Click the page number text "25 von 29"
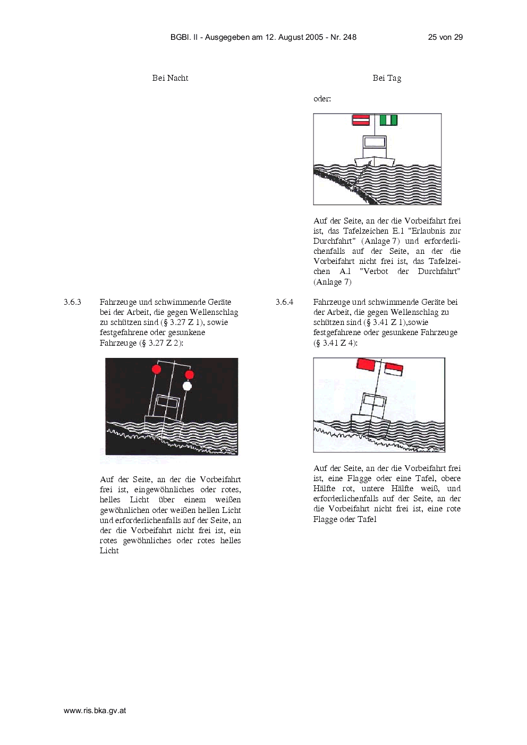pos(445,37)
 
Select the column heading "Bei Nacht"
pos(171,78)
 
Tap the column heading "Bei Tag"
pos(387,78)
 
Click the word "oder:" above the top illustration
pos(322,99)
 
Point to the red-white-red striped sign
pos(361,120)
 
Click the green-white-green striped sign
pos(388,120)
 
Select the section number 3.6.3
pos(73,302)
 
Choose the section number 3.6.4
pos(284,302)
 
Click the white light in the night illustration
pos(188,386)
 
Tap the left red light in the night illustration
pos(156,369)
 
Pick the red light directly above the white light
pos(189,375)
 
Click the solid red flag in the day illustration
pos(365,364)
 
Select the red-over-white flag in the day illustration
pos(394,370)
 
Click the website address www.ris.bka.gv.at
pos(95,711)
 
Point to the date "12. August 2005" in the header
pos(294,37)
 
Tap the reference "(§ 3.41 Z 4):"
pos(335,343)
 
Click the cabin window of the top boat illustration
pos(375,142)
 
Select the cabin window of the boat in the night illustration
pos(167,402)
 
